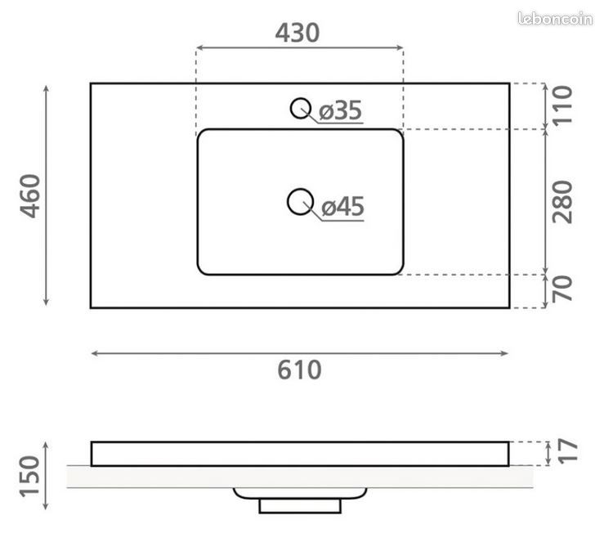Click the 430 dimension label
coord(297,33)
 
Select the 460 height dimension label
coord(30,196)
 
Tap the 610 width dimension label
coord(299,370)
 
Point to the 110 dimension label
coord(562,105)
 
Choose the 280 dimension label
coord(562,202)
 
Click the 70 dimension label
coord(562,289)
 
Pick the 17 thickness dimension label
coord(568,450)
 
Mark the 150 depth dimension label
coord(30,477)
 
